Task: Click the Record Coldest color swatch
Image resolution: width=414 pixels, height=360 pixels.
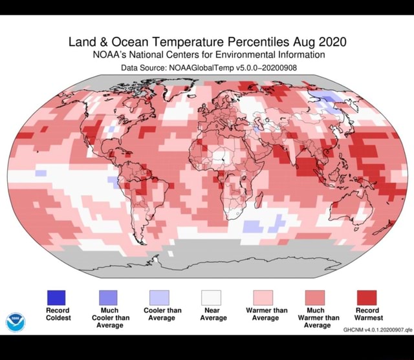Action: tap(56, 297)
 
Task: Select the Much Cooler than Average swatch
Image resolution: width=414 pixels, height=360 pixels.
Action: tap(108, 297)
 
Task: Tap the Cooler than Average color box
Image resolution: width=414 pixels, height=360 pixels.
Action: tap(160, 297)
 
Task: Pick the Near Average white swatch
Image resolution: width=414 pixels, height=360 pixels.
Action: tap(212, 297)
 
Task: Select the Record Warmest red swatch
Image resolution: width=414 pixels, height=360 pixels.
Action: tap(367, 297)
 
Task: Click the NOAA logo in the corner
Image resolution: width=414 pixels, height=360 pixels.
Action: tap(16, 321)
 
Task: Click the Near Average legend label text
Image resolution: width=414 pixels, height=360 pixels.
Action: tap(213, 314)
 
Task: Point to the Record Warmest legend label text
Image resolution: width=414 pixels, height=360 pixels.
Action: tap(369, 314)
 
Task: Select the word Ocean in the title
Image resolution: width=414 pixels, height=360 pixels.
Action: tap(124, 43)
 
